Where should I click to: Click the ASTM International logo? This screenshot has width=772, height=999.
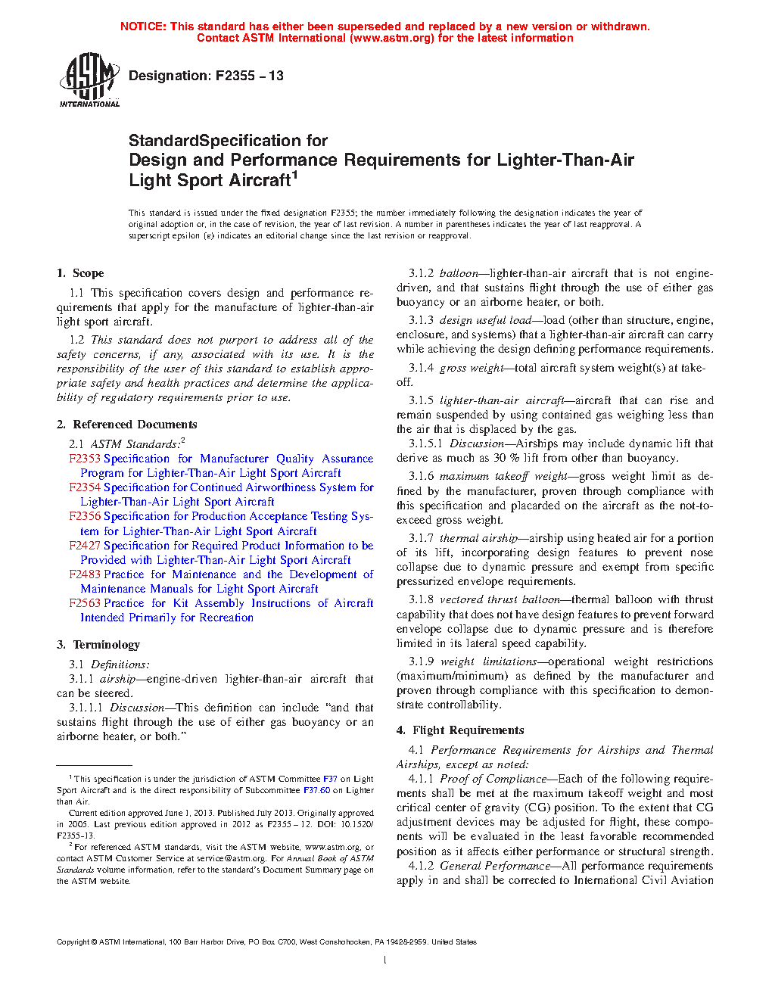click(89, 79)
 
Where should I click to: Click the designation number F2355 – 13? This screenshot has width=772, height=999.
click(249, 76)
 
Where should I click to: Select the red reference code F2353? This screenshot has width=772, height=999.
click(84, 459)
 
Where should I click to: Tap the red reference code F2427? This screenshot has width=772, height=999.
click(84, 546)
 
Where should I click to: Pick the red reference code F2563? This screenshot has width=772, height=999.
click(84, 603)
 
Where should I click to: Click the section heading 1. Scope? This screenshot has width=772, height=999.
click(80, 273)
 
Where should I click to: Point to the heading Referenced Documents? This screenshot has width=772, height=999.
click(135, 425)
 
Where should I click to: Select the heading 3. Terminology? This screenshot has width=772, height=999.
click(98, 645)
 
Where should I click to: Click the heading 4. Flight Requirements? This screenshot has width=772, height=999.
click(460, 730)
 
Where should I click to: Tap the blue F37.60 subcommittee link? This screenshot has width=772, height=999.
click(316, 790)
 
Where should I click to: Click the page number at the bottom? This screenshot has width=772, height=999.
click(385, 960)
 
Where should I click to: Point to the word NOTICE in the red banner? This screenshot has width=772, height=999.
click(143, 26)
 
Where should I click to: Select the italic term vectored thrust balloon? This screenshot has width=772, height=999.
click(500, 599)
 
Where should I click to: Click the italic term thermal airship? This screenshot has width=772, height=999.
click(478, 538)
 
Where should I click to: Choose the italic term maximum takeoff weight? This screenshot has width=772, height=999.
click(503, 476)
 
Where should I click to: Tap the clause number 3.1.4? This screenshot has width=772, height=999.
click(421, 368)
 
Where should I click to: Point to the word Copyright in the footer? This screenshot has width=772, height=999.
click(73, 942)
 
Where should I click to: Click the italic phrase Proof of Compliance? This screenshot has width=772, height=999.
click(493, 779)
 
